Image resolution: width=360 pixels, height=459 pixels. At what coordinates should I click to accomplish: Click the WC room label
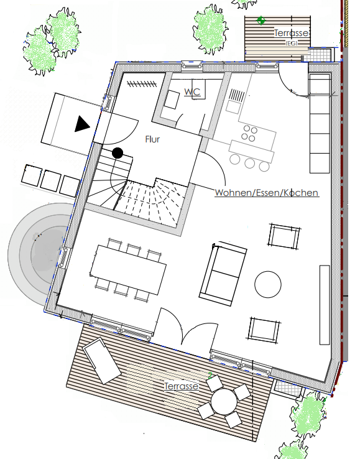pos(192,91)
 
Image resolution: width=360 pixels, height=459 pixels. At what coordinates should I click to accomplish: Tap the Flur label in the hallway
pos(152,139)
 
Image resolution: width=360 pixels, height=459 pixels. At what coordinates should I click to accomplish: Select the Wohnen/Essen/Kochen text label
pos(267,193)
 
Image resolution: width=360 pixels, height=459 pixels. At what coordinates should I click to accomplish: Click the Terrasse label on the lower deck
pos(181,386)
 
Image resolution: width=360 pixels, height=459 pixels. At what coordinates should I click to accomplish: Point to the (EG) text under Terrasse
pos(291,43)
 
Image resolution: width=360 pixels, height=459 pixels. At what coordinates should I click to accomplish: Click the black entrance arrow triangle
pos(82,124)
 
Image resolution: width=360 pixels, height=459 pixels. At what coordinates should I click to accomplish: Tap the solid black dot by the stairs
pos(118,153)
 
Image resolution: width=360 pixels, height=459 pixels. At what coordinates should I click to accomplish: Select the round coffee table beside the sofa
pos(268,284)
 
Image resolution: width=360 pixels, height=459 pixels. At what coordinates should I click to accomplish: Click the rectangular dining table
pos(129,269)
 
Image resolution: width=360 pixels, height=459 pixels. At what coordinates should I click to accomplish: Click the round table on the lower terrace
pos(224,402)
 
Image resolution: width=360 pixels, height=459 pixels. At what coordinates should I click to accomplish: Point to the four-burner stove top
pos(249,133)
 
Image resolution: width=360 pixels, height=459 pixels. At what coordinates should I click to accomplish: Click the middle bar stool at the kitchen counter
pos(250,163)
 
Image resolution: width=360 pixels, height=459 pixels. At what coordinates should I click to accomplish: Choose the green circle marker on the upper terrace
pos(261,21)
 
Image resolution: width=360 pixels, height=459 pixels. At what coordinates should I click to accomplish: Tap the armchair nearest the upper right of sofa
pos(284,236)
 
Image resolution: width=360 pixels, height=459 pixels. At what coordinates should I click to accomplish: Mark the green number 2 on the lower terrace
pos(210,375)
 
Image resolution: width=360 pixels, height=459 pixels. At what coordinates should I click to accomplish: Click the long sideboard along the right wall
pos(325,305)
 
